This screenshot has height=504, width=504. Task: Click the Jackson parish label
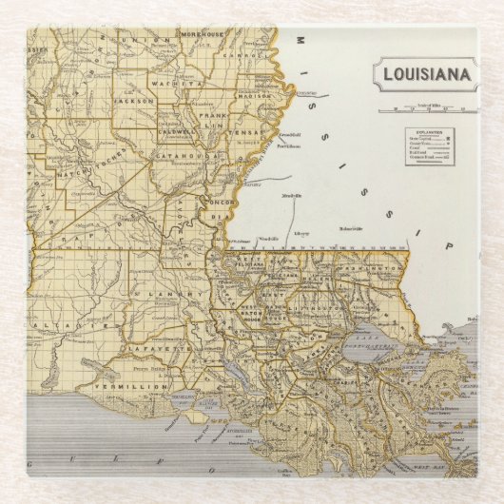[133, 98]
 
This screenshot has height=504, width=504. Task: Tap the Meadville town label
[292, 195]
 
